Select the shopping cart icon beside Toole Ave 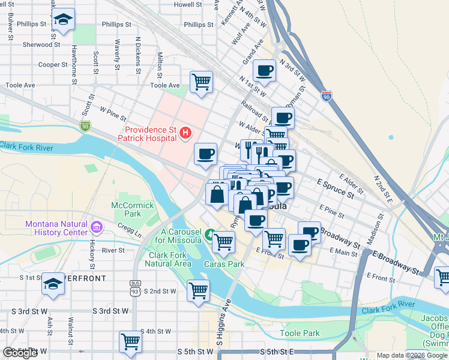(201, 82)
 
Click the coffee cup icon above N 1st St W (264, 71)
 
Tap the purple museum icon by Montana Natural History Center (97, 228)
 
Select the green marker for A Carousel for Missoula (209, 234)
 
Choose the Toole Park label (300, 333)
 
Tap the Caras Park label (223, 264)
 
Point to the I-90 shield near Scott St (85, 125)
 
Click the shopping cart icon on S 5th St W (130, 342)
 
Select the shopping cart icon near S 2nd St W (198, 292)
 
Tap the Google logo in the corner (20, 353)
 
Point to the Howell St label (187, 4)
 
